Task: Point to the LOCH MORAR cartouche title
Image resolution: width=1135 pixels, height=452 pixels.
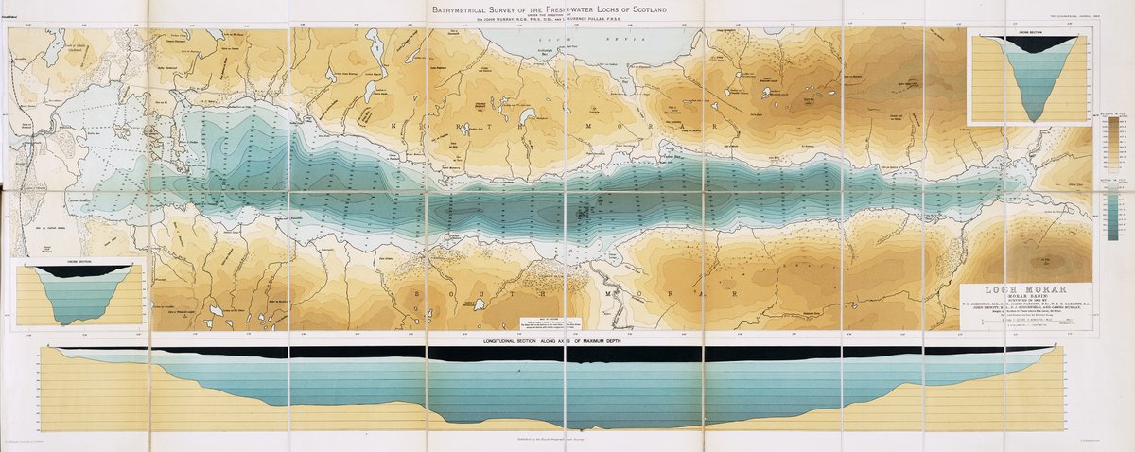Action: tap(1026, 289)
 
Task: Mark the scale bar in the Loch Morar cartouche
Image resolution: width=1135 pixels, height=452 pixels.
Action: tap(1026, 324)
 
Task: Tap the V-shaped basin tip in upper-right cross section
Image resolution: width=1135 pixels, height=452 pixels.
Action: tap(1030, 119)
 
